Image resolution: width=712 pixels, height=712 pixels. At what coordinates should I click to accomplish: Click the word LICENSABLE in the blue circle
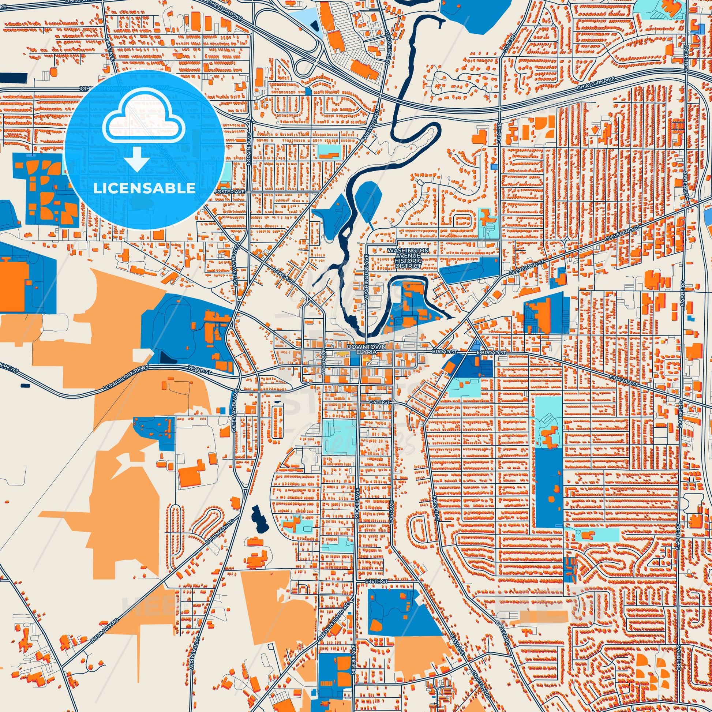click(x=144, y=188)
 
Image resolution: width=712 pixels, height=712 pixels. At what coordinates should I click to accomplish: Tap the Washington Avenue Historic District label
click(x=408, y=258)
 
